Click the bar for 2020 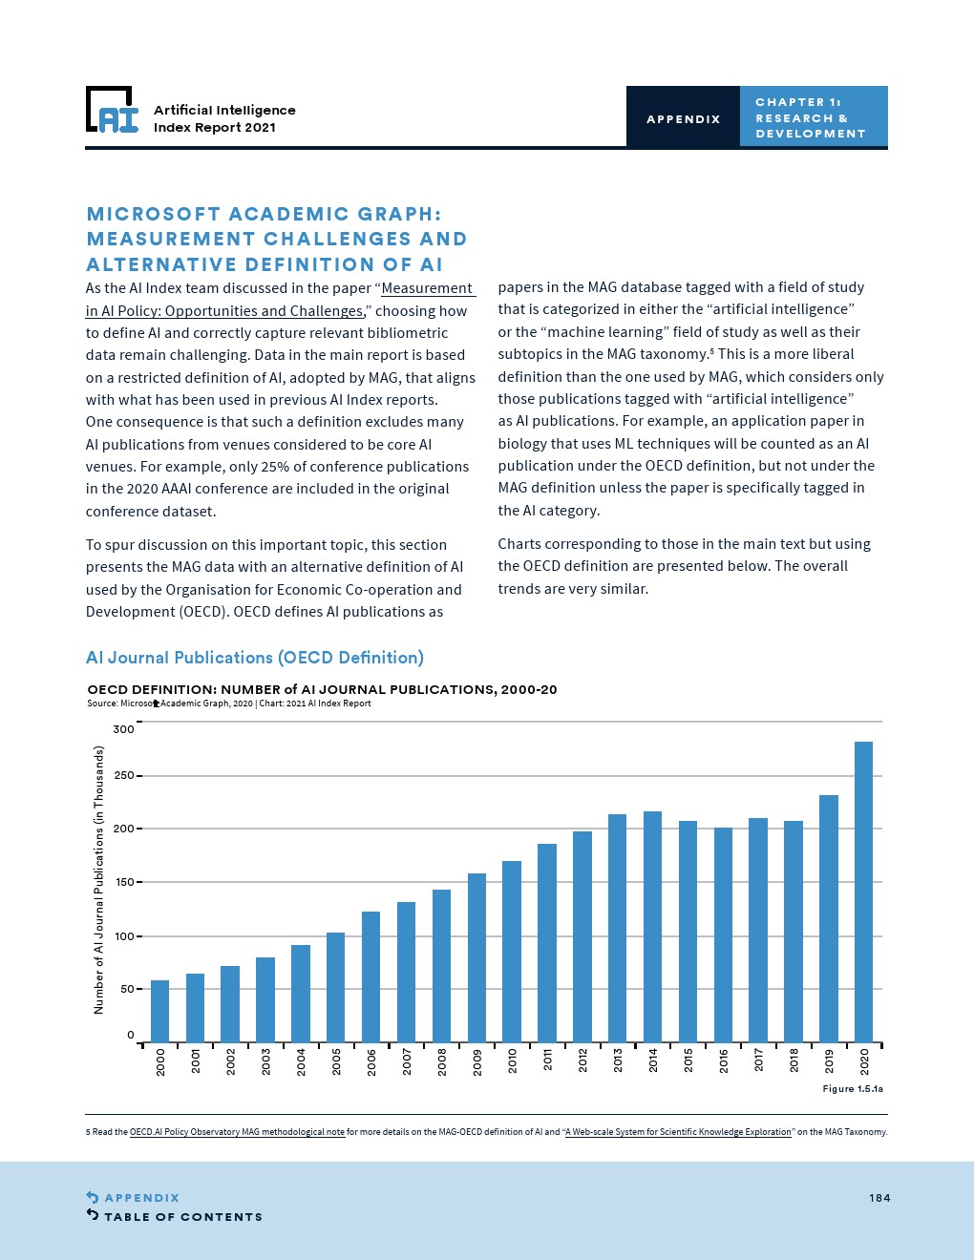(x=863, y=892)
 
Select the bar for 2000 (x=159, y=1011)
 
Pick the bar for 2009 (x=476, y=957)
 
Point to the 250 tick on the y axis (x=124, y=776)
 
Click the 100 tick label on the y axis (x=124, y=936)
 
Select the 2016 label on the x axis (x=723, y=1060)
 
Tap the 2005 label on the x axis (x=336, y=1060)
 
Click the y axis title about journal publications (x=98, y=880)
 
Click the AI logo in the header (x=113, y=111)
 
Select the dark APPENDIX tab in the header (x=683, y=118)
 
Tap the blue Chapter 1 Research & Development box (x=813, y=117)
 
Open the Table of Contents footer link (x=182, y=1217)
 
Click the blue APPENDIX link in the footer (x=141, y=1198)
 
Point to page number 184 (x=879, y=1198)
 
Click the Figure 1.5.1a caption (x=853, y=1089)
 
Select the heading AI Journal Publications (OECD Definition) (x=255, y=658)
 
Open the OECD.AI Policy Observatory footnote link (x=237, y=1132)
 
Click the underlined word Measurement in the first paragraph (x=427, y=288)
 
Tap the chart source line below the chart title (x=229, y=703)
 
